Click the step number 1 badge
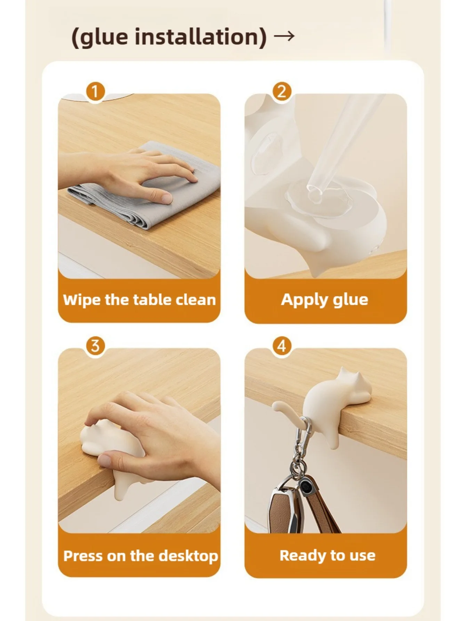tap(95, 92)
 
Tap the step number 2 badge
tap(281, 92)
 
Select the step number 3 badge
tap(95, 346)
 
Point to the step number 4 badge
tap(281, 346)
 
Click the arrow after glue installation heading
tap(284, 36)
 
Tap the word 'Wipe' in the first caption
tap(82, 300)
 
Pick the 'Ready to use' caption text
tap(328, 556)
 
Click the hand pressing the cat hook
tap(156, 435)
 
